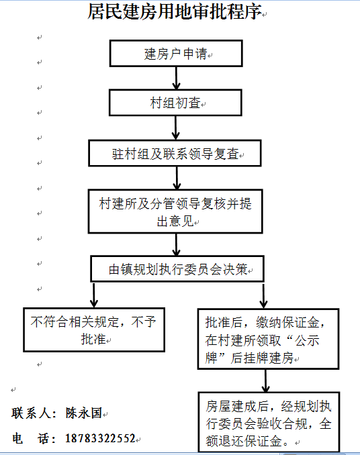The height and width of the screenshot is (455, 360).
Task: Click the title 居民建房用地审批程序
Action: pos(174,11)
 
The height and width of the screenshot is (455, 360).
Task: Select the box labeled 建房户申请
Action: pos(176,54)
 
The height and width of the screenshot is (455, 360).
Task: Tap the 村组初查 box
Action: pos(175,103)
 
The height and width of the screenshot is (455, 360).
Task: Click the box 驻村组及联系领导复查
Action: pos(175,154)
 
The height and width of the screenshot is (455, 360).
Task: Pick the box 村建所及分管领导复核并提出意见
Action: pos(175,211)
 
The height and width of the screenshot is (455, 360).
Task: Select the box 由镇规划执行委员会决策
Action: pos(177,268)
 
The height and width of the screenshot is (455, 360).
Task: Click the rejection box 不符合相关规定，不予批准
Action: pos(94,330)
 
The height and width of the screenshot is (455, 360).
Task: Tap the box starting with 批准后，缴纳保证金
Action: pos(268,339)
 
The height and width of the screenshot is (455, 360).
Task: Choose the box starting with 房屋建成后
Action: pos(269,422)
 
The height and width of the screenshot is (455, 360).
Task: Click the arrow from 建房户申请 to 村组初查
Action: pos(176,78)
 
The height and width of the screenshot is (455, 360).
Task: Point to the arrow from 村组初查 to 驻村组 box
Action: pos(176,128)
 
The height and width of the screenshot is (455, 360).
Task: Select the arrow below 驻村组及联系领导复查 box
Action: pos(177,178)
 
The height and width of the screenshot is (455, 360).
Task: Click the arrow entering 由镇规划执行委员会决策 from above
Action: pos(176,245)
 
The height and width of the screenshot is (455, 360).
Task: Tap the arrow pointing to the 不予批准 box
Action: pos(94,295)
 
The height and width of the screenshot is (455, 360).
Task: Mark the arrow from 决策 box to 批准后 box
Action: pos(263,296)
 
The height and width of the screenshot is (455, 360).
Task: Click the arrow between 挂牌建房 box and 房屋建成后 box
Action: pos(266,381)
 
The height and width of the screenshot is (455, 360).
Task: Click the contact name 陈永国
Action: pos(83,413)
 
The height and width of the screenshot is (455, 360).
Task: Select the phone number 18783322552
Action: pos(101,438)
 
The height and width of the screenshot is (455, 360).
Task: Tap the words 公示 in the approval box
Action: pos(307,340)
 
